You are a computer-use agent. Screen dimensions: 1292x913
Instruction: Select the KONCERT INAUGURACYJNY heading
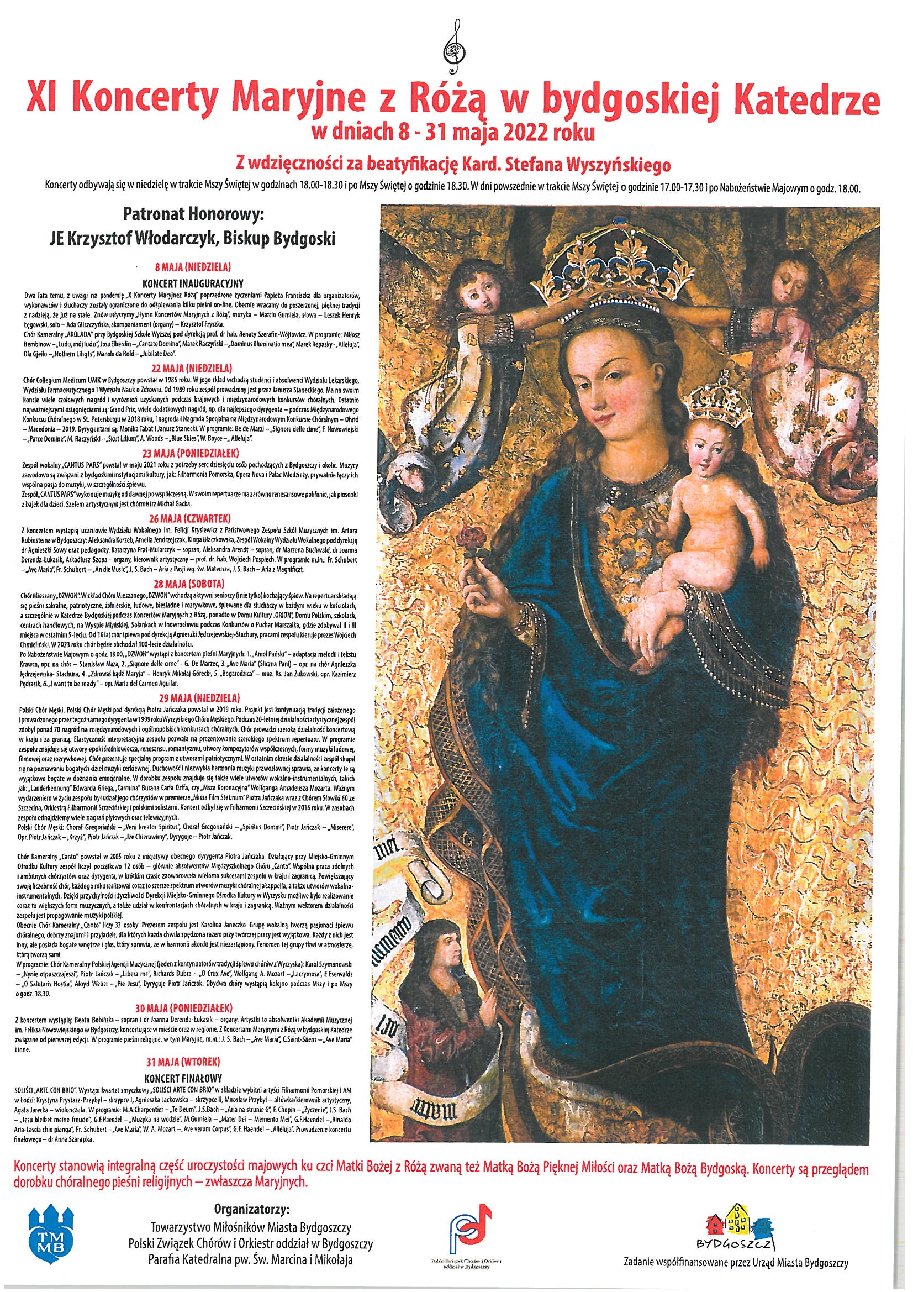tap(192, 283)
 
